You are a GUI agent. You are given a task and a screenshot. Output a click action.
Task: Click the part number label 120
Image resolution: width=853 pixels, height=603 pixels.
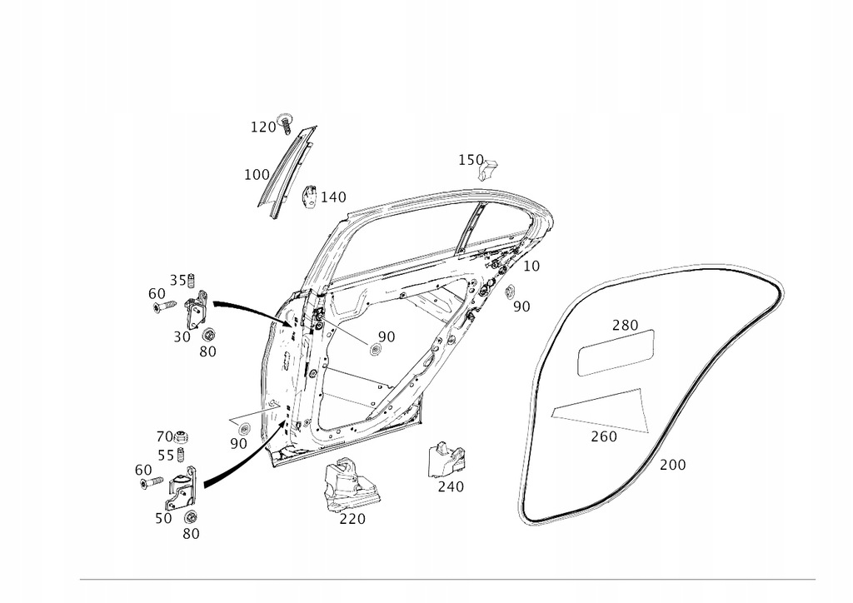(x=262, y=127)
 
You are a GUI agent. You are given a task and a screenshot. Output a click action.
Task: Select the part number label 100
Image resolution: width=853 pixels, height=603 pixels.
(x=257, y=175)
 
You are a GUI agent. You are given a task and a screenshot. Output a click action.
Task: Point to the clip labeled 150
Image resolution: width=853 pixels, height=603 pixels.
(x=489, y=168)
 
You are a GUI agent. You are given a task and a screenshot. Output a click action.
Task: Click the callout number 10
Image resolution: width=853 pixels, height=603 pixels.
(x=531, y=267)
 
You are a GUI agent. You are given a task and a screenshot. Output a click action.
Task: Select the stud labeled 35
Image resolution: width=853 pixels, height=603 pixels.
(x=191, y=280)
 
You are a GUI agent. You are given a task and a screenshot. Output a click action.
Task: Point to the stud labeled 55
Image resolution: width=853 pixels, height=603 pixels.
(x=190, y=456)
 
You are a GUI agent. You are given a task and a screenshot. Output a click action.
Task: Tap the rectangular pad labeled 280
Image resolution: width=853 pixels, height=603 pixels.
(x=616, y=351)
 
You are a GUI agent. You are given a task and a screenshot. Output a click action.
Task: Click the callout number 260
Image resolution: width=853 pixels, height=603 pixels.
(x=604, y=436)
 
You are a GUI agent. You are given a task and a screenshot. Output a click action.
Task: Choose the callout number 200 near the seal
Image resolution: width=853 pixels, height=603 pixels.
(x=672, y=465)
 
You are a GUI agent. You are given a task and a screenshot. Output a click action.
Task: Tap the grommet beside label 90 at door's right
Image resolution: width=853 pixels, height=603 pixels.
(x=510, y=291)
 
